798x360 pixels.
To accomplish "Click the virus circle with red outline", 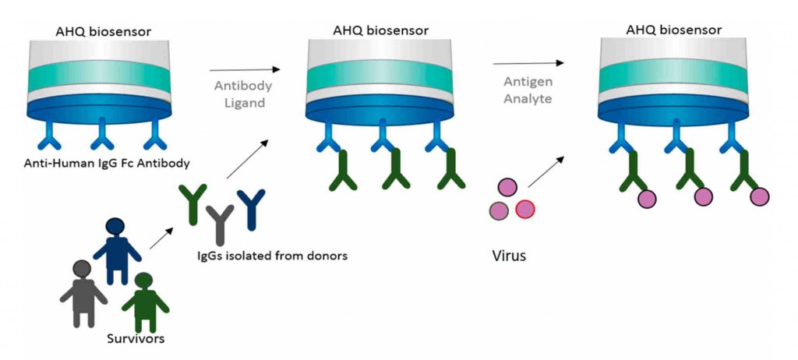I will pos(524,208).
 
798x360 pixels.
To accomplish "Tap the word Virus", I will pos(509,255).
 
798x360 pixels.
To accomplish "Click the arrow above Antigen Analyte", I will pos(528,63).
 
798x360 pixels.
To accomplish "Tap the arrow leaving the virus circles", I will pos(545,171).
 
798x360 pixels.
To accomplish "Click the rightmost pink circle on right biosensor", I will pos(760,196).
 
